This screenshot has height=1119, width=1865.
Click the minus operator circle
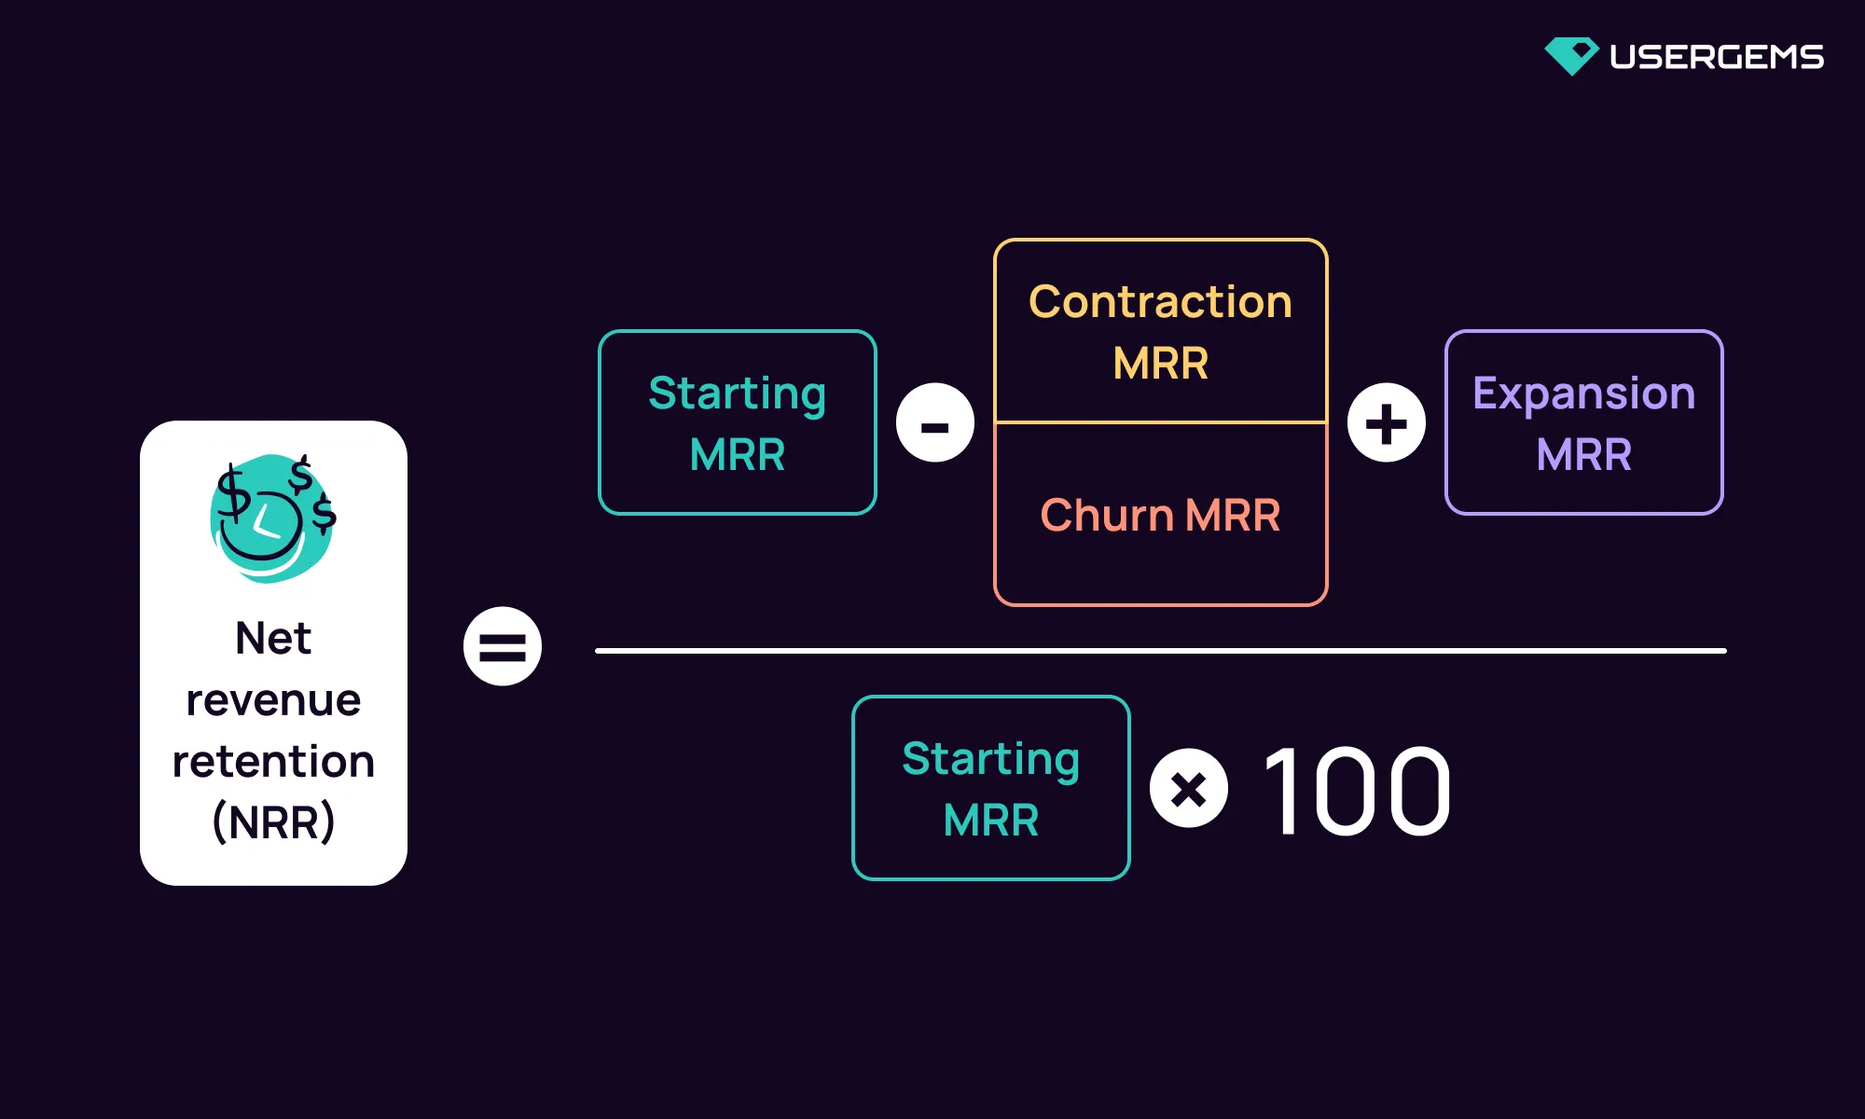(x=934, y=422)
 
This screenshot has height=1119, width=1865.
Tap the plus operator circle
(x=1386, y=422)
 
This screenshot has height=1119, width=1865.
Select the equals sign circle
(x=503, y=646)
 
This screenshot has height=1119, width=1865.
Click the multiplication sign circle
(x=1189, y=788)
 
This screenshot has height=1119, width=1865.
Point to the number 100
(x=1357, y=792)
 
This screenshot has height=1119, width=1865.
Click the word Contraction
(x=1160, y=302)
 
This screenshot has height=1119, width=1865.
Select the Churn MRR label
(x=1160, y=515)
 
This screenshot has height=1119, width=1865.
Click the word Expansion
(x=1583, y=393)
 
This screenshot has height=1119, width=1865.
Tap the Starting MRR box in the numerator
(x=737, y=422)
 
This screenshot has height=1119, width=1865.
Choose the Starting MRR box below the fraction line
(x=990, y=788)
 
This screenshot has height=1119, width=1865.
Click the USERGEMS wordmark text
(x=1716, y=57)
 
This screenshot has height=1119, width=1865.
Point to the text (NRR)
(x=273, y=822)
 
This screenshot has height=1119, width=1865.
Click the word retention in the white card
(x=273, y=761)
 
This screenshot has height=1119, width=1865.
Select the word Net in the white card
(x=273, y=639)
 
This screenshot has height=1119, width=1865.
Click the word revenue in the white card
(x=273, y=699)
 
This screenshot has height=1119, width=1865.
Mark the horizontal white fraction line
(x=1160, y=651)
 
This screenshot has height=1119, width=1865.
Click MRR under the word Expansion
(x=1583, y=455)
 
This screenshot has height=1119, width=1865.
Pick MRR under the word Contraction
(x=1160, y=363)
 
